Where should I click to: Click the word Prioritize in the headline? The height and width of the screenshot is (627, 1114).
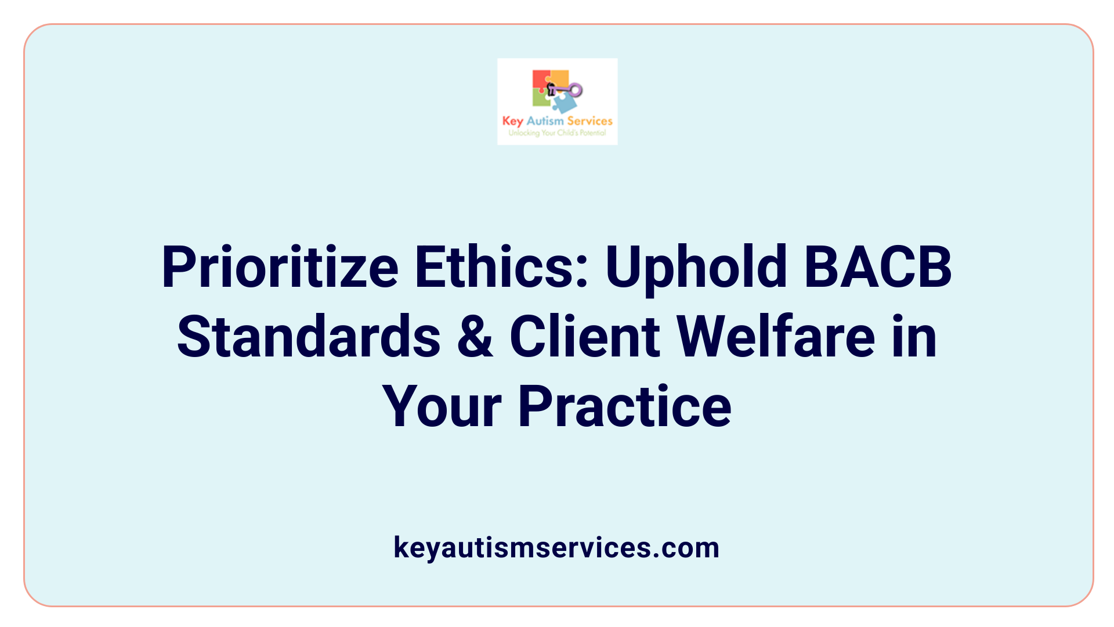[x=280, y=268]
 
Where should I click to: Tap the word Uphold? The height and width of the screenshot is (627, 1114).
[x=696, y=268]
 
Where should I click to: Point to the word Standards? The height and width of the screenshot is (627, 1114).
[x=309, y=337]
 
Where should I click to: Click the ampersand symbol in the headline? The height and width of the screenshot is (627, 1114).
[x=475, y=337]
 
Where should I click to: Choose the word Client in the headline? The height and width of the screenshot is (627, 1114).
[x=585, y=337]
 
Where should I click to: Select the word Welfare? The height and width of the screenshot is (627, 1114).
[x=776, y=337]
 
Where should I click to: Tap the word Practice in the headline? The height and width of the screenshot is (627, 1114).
[x=624, y=407]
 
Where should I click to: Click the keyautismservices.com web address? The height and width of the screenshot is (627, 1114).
[x=556, y=547]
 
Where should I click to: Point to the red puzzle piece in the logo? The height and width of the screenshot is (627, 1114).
[x=540, y=80]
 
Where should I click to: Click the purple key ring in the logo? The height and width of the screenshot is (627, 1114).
[x=576, y=89]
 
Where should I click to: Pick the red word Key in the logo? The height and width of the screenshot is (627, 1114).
[x=513, y=121]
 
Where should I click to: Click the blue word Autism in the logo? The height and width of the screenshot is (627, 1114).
[x=545, y=121]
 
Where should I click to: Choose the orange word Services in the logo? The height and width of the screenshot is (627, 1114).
[x=589, y=121]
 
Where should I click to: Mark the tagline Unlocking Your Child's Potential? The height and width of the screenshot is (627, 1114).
[x=557, y=133]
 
